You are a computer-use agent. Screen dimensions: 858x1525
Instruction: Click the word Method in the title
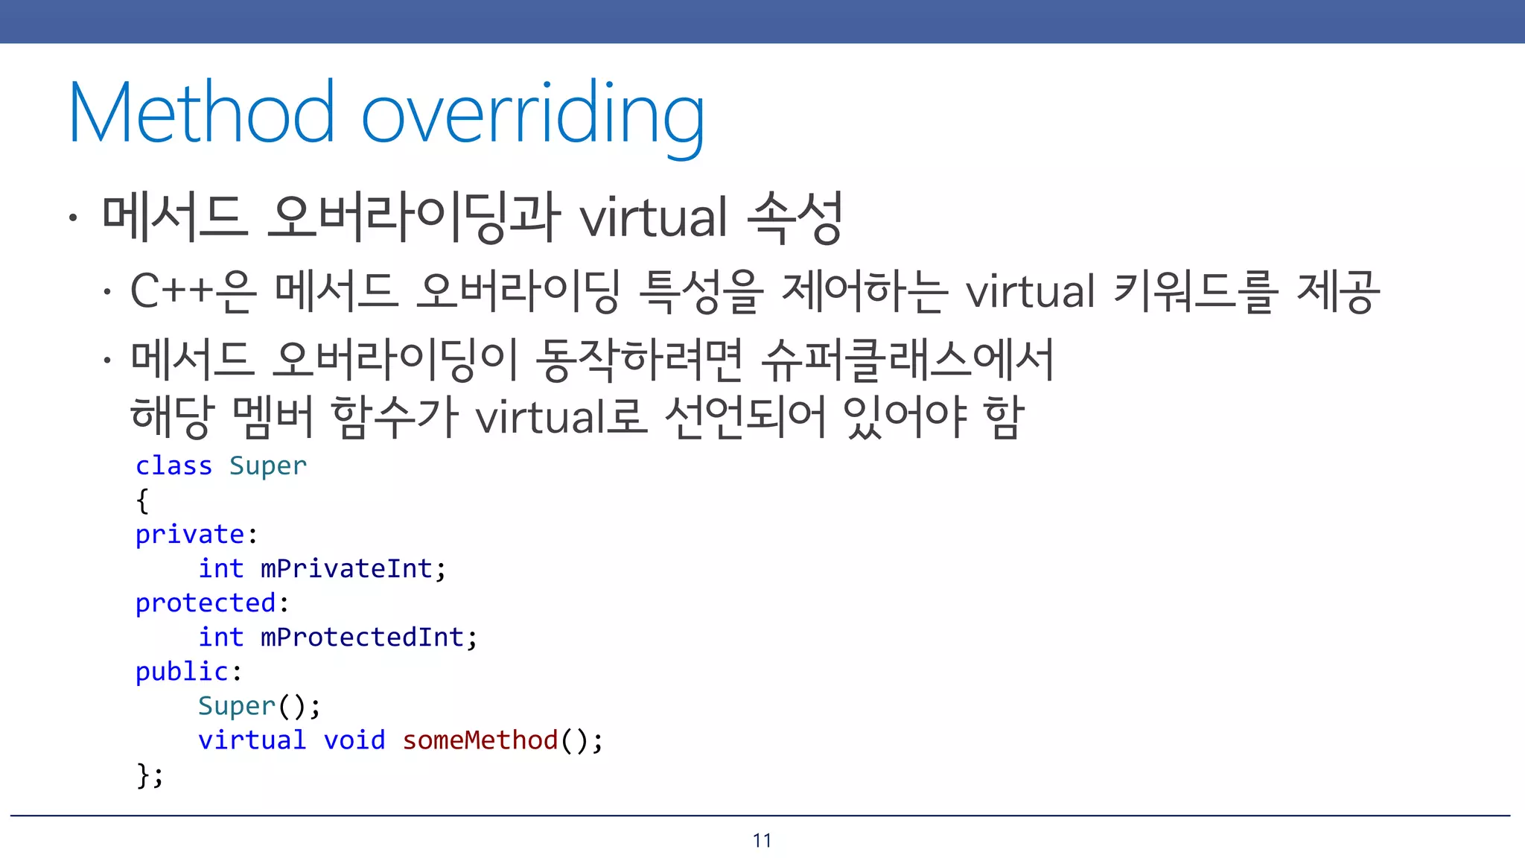pyautogui.click(x=201, y=113)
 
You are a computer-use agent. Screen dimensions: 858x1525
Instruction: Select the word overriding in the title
pyautogui.click(x=532, y=115)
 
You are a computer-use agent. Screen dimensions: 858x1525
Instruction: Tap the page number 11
pyautogui.click(x=762, y=840)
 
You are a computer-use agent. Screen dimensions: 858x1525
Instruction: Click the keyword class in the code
pyautogui.click(x=173, y=465)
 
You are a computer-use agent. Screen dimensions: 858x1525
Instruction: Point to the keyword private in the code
pyautogui.click(x=190, y=535)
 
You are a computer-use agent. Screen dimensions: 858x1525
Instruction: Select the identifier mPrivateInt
pyautogui.click(x=346, y=569)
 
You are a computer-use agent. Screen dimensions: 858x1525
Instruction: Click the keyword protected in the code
pyautogui.click(x=206, y=603)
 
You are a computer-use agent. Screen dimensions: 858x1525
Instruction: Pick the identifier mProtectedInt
pyautogui.click(x=363, y=638)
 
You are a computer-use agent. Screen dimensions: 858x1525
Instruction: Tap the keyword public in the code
pyautogui.click(x=182, y=672)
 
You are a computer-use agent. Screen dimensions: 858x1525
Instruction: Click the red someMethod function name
pyautogui.click(x=480, y=740)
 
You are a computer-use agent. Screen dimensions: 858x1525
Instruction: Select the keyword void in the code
pyautogui.click(x=354, y=740)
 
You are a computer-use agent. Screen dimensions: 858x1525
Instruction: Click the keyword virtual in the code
pyautogui.click(x=252, y=740)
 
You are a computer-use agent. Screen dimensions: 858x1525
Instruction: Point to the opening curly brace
pyautogui.click(x=142, y=500)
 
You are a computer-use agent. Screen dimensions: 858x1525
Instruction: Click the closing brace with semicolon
pyautogui.click(x=149, y=775)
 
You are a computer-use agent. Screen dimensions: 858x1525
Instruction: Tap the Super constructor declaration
pyautogui.click(x=258, y=706)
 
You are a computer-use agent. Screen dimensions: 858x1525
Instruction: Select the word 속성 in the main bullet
pyautogui.click(x=795, y=217)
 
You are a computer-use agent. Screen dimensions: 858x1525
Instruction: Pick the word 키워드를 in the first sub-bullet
pyautogui.click(x=1195, y=290)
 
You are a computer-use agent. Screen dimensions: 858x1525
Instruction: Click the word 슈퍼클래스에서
pyautogui.click(x=908, y=360)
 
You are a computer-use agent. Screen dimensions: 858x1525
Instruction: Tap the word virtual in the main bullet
pyautogui.click(x=653, y=217)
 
